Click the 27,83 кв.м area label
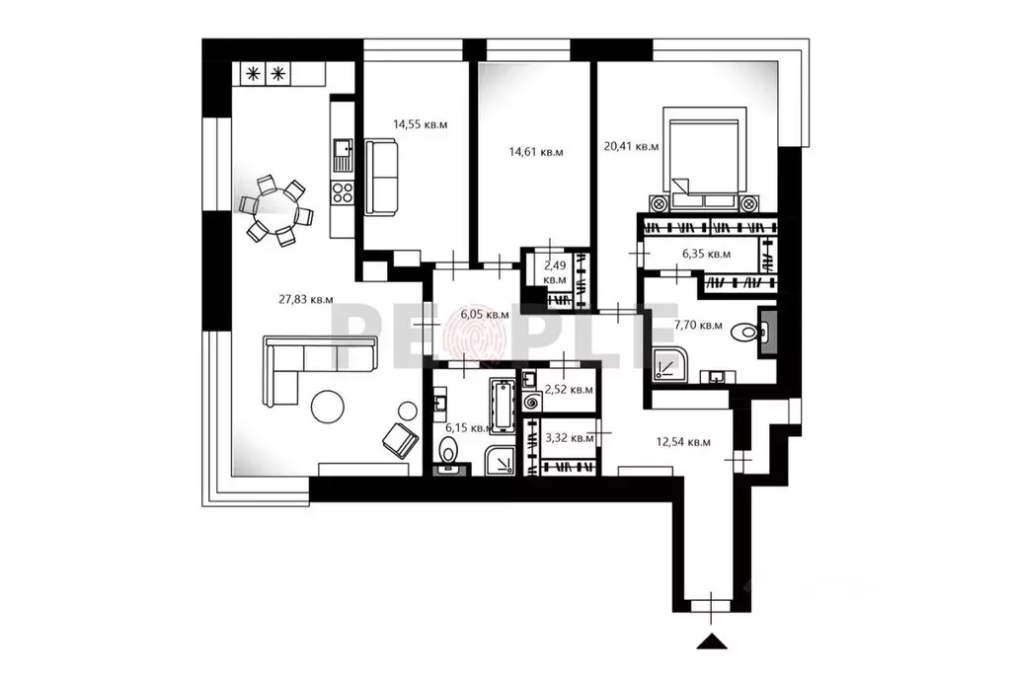click(x=307, y=300)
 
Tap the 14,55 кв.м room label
click(x=420, y=124)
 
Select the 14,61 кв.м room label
click(x=535, y=152)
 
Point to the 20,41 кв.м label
click(x=631, y=146)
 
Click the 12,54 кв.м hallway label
click(x=686, y=442)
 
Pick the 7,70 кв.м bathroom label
click(x=698, y=326)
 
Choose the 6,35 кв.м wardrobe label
click(x=706, y=254)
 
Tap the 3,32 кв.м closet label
click(x=569, y=436)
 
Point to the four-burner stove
click(x=343, y=192)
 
